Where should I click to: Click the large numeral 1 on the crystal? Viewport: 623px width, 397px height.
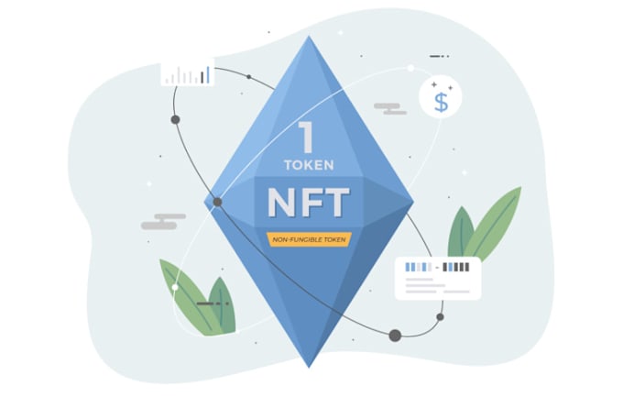click(307, 137)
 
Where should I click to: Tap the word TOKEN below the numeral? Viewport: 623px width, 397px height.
click(309, 165)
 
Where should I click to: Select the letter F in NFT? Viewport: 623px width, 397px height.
click(309, 203)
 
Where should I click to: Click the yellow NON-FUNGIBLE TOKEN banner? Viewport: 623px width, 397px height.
click(309, 239)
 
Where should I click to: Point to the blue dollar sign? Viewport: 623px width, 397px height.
click(441, 103)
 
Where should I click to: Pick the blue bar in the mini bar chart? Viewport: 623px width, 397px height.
click(207, 75)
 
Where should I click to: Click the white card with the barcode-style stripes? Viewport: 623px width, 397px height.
click(438, 278)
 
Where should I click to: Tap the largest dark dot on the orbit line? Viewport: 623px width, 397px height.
click(395, 336)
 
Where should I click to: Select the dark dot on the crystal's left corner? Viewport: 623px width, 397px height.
click(217, 202)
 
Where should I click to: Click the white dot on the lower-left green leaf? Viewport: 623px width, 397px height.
click(175, 287)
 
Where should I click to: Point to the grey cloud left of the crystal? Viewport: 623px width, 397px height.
click(163, 222)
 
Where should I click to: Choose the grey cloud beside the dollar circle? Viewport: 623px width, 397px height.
click(390, 108)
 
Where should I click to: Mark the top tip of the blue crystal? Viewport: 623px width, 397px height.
click(309, 36)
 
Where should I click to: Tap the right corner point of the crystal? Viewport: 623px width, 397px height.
click(413, 202)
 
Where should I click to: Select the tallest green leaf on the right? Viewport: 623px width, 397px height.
click(492, 224)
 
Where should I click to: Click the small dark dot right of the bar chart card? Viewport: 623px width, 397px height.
click(248, 77)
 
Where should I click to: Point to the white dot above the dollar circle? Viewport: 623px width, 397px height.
click(410, 69)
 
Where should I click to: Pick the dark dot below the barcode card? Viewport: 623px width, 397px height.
click(440, 317)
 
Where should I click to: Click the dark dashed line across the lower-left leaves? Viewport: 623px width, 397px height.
click(213, 303)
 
